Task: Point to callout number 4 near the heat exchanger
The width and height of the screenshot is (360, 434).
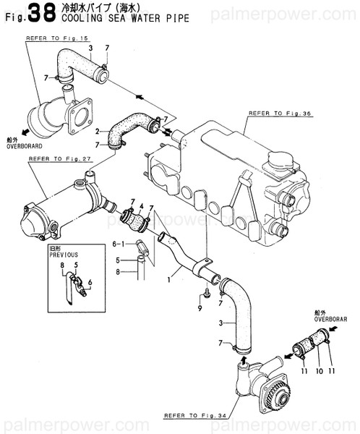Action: point(142,206)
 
